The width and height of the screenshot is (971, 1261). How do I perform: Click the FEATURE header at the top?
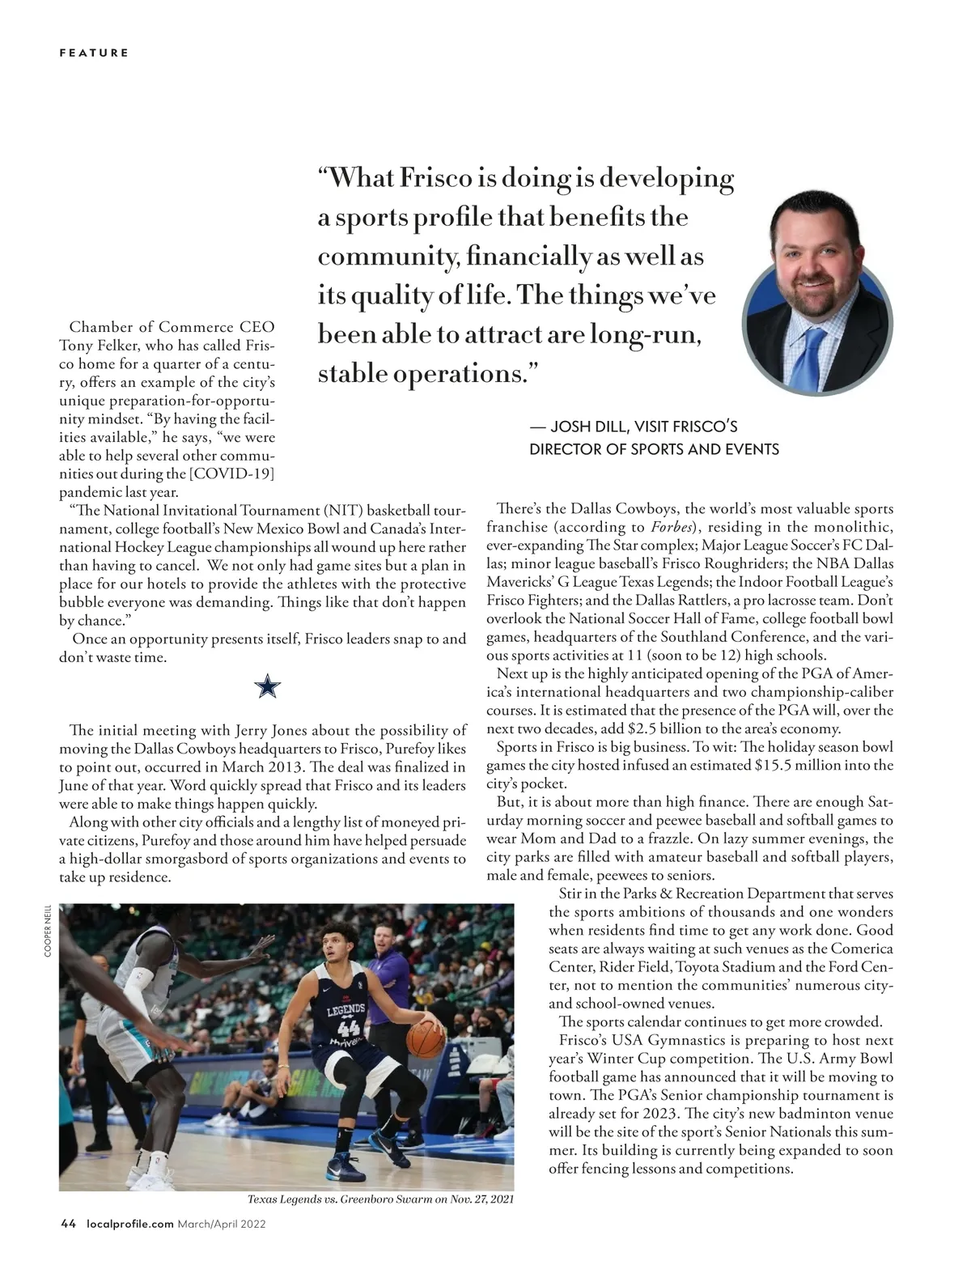click(94, 53)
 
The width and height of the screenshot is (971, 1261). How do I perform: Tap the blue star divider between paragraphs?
click(268, 689)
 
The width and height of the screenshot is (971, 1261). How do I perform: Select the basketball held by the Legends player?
click(426, 1039)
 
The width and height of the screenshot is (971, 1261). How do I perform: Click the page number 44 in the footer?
click(69, 1224)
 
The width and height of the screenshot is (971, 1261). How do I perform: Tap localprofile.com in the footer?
click(129, 1224)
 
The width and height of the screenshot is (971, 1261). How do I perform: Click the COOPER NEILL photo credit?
click(48, 931)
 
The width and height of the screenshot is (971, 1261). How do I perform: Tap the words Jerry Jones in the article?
click(248, 730)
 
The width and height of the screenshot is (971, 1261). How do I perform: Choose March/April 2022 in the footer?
click(222, 1224)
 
